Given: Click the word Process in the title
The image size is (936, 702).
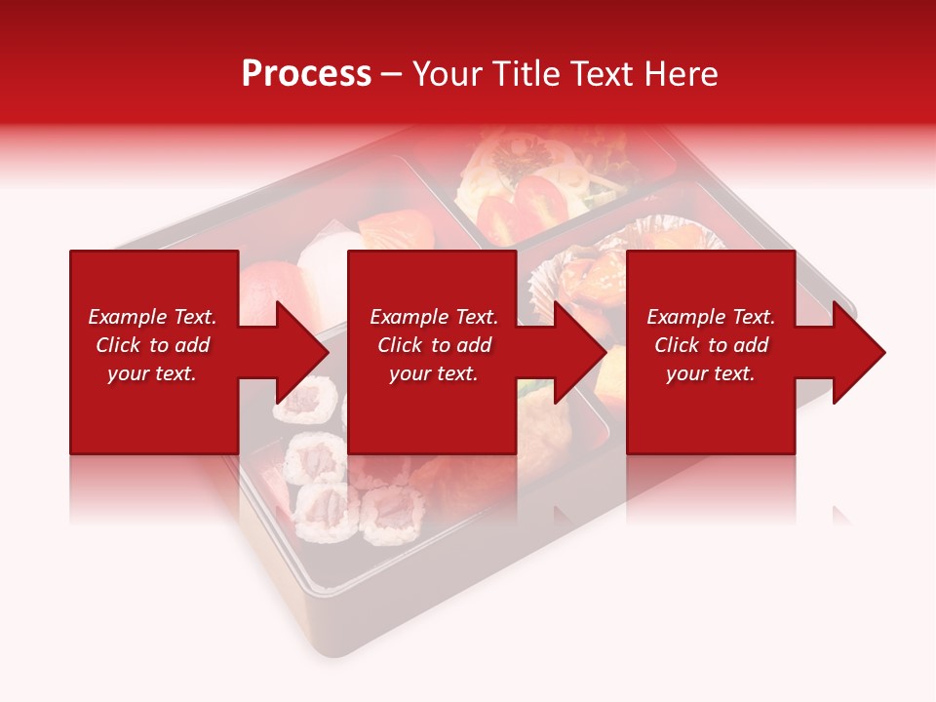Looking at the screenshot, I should pyautogui.click(x=306, y=74).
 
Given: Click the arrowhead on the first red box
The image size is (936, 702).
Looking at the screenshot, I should pyautogui.click(x=298, y=352).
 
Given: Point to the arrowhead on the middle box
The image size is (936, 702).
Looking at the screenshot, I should pyautogui.click(x=577, y=352).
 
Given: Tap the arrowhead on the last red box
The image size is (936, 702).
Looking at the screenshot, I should pyautogui.click(x=856, y=352).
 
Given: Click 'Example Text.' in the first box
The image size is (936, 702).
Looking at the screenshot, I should pyautogui.click(x=152, y=317).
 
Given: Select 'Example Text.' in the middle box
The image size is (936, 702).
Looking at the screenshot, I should pyautogui.click(x=433, y=317).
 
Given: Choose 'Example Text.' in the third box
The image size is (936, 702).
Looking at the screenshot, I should pyautogui.click(x=711, y=317).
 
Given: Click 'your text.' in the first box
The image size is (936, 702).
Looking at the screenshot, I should pyautogui.click(x=152, y=373).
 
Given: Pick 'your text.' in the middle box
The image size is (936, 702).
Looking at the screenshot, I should pyautogui.click(x=433, y=373).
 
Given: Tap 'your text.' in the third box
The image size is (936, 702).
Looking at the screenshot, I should pyautogui.click(x=711, y=373).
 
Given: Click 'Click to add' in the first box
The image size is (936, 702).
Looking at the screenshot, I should pyautogui.click(x=152, y=345).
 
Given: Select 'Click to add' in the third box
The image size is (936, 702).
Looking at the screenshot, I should pyautogui.click(x=711, y=345).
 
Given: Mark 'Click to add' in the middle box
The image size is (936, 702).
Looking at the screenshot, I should pyautogui.click(x=433, y=345).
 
